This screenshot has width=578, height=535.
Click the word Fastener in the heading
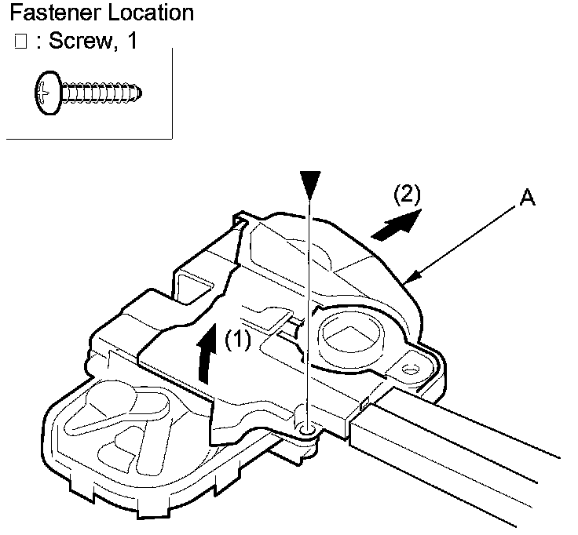pyautogui.click(x=55, y=13)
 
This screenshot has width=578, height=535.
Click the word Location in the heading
pyautogui.click(x=151, y=13)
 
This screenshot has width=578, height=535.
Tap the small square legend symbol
pyautogui.click(x=20, y=42)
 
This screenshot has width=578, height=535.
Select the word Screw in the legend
pyautogui.click(x=80, y=41)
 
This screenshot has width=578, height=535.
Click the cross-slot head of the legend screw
pyautogui.click(x=48, y=93)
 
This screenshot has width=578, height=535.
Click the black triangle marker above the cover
pyautogui.click(x=310, y=184)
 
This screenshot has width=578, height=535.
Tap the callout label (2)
pyautogui.click(x=407, y=194)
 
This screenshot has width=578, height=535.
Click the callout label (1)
pyautogui.click(x=238, y=339)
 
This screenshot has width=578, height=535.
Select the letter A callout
pyautogui.click(x=527, y=198)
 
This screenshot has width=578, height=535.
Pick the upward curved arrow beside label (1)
pyautogui.click(x=206, y=353)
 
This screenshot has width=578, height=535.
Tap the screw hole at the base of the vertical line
pyautogui.click(x=307, y=428)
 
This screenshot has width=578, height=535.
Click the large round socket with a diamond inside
pyautogui.click(x=351, y=337)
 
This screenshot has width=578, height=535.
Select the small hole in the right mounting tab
pyautogui.click(x=410, y=369)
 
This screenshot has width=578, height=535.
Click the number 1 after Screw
pyautogui.click(x=132, y=41)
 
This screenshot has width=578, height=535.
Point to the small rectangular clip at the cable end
pyautogui.click(x=363, y=405)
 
